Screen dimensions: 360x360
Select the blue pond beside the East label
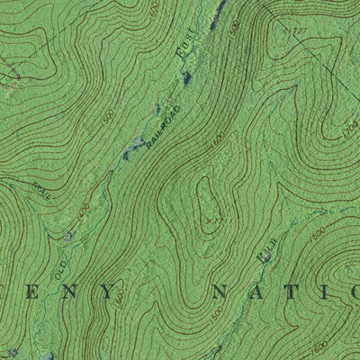186,79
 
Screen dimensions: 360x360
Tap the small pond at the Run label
267,258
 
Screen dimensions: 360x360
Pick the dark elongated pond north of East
217,13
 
